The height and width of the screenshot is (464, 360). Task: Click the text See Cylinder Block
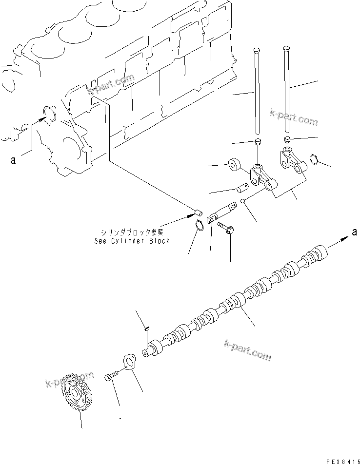(x=132, y=241)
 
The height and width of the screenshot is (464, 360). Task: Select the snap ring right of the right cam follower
(x=315, y=159)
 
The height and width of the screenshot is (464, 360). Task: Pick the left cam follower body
(x=262, y=178)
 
